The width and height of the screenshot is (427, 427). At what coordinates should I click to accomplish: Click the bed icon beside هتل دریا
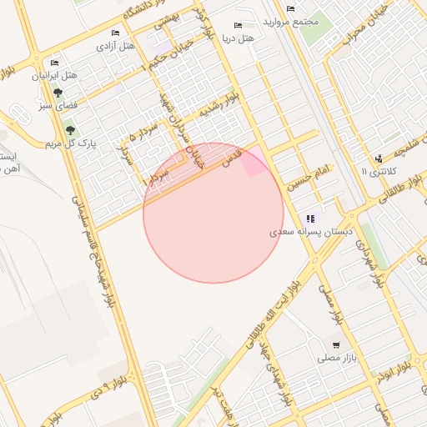[238, 26]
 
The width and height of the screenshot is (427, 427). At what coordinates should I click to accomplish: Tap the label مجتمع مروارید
[290, 20]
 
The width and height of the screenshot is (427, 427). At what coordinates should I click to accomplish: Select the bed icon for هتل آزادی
[115, 33]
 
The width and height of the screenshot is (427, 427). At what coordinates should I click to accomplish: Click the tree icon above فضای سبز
[58, 93]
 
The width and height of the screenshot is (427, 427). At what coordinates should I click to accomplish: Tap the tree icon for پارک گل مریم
[70, 130]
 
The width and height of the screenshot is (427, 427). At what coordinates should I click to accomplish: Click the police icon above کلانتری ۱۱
[379, 158]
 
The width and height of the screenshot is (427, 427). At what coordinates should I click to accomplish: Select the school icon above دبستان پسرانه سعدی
[311, 218]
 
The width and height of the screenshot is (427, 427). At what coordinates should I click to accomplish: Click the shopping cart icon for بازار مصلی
[336, 344]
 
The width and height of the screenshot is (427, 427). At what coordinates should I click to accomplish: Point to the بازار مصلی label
[337, 359]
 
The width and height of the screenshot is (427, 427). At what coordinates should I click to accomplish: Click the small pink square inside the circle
[254, 165]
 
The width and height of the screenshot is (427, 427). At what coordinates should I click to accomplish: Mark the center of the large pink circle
[213, 213]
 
